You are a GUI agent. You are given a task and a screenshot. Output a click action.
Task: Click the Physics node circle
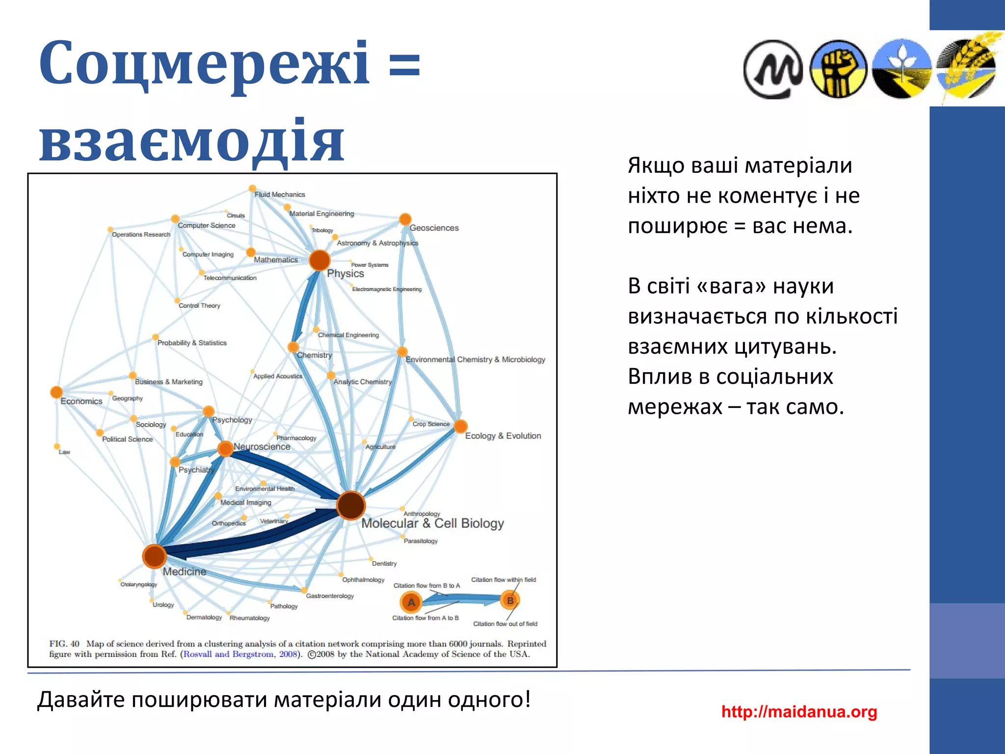click(319, 260)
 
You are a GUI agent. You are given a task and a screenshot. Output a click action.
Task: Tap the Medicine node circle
click(154, 556)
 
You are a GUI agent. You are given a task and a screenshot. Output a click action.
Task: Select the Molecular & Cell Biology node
click(351, 505)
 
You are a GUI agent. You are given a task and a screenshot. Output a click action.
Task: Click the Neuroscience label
click(262, 447)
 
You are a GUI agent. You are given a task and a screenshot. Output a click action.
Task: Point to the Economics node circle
click(56, 392)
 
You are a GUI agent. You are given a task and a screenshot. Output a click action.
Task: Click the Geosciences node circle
click(405, 219)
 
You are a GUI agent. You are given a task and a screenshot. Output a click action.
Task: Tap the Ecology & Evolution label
click(503, 436)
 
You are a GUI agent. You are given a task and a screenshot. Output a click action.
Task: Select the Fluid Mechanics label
click(280, 194)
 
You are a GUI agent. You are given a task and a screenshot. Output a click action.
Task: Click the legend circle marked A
click(411, 602)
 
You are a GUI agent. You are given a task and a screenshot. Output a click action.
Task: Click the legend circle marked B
click(510, 600)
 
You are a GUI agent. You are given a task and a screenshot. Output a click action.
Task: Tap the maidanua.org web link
click(799, 711)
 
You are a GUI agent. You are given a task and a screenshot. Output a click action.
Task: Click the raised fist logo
click(838, 69)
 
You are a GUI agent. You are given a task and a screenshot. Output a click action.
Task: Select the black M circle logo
click(773, 70)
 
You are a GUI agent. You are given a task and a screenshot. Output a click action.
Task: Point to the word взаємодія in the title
click(191, 141)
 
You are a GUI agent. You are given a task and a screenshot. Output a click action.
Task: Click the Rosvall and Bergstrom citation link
click(239, 654)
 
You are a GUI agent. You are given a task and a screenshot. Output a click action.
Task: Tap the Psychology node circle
click(209, 411)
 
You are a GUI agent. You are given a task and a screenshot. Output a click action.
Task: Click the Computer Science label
click(207, 225)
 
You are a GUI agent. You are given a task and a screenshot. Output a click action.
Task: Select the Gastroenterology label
click(330, 596)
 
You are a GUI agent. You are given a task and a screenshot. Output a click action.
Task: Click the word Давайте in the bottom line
click(81, 700)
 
